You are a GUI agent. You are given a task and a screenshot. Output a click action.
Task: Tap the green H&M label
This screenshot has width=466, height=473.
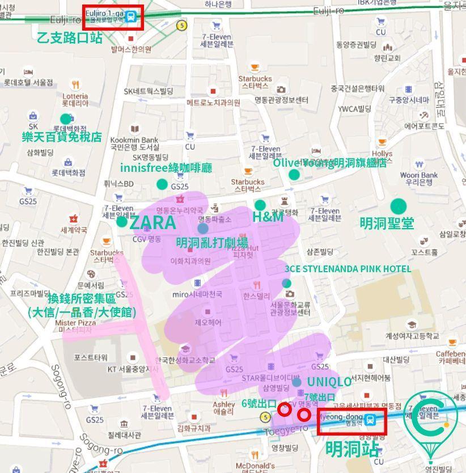point(268,217)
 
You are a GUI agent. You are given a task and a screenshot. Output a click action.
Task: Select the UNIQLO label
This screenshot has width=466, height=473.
point(329,382)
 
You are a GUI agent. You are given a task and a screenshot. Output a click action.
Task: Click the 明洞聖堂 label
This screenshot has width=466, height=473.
point(387,223)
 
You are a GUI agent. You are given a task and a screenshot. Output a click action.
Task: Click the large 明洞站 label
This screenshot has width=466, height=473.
point(352,449)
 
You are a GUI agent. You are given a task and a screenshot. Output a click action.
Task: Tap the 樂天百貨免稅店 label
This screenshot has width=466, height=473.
point(62,137)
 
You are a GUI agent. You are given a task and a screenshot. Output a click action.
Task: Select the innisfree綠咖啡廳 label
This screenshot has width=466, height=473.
point(166,168)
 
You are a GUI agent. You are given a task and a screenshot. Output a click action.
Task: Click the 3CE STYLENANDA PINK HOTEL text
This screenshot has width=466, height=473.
point(348,268)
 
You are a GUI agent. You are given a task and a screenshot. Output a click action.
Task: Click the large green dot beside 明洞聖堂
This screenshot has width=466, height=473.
point(399,206)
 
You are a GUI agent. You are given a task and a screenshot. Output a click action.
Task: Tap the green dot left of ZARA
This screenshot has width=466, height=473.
point(122,222)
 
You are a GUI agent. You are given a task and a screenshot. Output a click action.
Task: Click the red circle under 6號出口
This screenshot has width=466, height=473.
point(285,409)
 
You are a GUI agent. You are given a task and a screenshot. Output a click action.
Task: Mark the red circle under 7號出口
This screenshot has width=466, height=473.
point(304,415)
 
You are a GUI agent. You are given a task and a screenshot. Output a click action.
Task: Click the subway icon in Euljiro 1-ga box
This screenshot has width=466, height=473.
point(132,15)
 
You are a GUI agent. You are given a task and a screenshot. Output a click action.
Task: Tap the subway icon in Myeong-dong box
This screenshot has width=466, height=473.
point(370,420)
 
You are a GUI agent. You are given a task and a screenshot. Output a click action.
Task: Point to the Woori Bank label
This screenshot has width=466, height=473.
point(419,178)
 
